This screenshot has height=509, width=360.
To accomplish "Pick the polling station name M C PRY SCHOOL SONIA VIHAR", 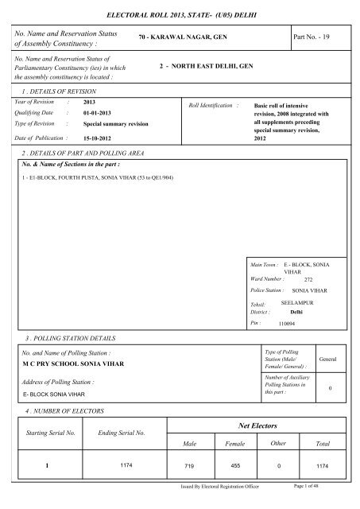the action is (79, 361).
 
